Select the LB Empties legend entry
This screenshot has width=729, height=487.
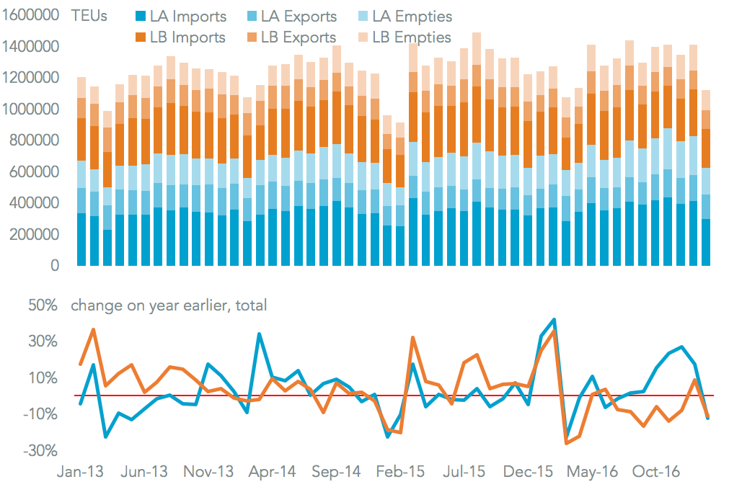[x=405, y=37]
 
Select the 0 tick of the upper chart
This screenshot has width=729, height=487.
[x=54, y=266]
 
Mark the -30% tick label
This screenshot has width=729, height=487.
[x=41, y=451]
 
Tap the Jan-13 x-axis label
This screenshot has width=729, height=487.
[x=79, y=472]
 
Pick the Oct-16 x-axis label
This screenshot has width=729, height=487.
[x=655, y=472]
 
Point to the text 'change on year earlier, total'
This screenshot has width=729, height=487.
[x=169, y=305]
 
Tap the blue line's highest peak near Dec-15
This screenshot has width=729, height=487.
[x=554, y=319]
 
